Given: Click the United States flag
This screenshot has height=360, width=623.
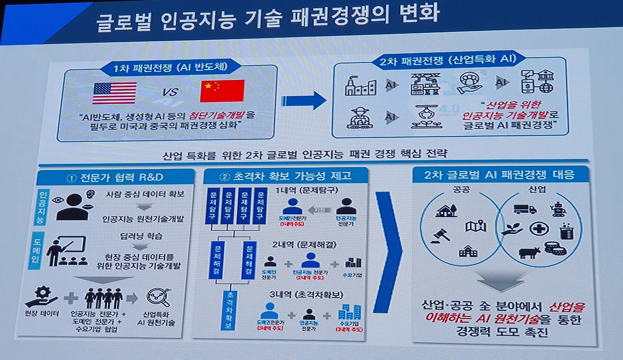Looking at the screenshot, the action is click(114, 92).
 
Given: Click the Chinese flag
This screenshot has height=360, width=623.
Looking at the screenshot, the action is click(222, 91).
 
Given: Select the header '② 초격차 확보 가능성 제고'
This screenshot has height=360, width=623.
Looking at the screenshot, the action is click(286, 176).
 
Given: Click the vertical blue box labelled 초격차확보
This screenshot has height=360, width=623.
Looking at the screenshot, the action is click(229, 310).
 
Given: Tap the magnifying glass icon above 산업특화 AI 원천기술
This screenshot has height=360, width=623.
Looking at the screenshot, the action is click(158, 296).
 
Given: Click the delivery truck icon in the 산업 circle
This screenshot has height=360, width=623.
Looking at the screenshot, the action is click(525, 209).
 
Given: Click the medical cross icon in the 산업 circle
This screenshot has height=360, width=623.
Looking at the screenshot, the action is click(539, 229).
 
